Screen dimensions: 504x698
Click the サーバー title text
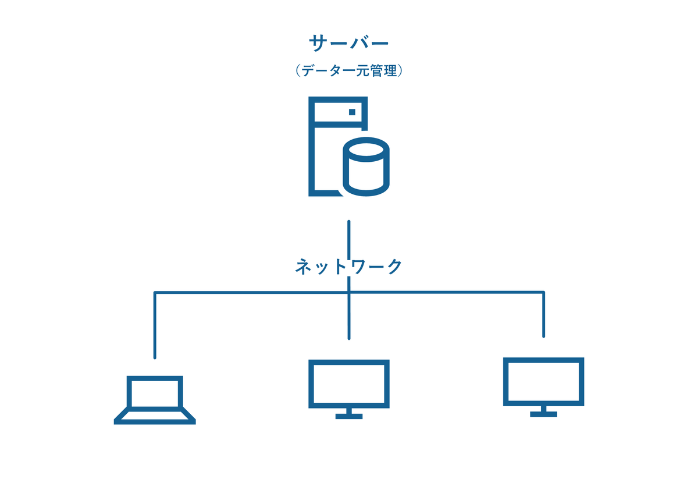(x=348, y=44)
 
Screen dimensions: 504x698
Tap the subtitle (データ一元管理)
(x=348, y=71)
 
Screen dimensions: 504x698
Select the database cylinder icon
(x=366, y=166)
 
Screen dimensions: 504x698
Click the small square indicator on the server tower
(x=351, y=111)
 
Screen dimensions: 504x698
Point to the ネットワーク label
(x=348, y=267)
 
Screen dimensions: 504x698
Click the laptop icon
(x=155, y=400)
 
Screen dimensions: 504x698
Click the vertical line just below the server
(x=348, y=236)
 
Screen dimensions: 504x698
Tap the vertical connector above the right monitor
(x=543, y=314)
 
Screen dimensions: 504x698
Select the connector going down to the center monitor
(x=348, y=317)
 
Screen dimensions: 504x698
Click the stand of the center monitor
(x=348, y=413)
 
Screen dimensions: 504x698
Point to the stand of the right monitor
(x=543, y=411)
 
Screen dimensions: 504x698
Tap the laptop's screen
(x=155, y=392)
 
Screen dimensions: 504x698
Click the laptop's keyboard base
(x=155, y=416)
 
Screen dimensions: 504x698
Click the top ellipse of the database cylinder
(x=366, y=148)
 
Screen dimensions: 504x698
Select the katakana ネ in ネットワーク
(x=304, y=267)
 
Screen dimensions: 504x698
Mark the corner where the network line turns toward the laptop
(x=155, y=293)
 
